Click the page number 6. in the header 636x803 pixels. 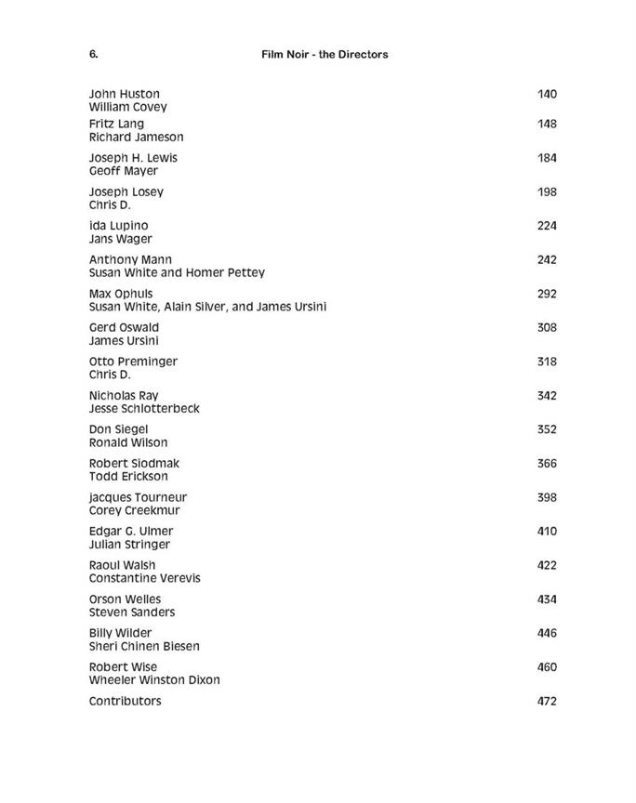(x=93, y=54)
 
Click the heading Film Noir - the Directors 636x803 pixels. (x=325, y=54)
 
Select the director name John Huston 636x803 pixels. (x=124, y=94)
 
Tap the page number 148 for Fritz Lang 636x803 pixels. (x=547, y=124)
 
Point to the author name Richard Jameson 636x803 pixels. (x=136, y=137)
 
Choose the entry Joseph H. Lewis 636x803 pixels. (x=133, y=158)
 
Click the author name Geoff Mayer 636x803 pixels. (x=123, y=171)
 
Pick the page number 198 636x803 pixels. (x=547, y=191)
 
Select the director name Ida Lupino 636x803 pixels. (x=118, y=226)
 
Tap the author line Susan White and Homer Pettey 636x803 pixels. (x=177, y=273)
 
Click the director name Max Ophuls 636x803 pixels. (x=121, y=294)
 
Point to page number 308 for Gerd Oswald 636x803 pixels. (x=547, y=327)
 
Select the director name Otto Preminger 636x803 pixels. (x=133, y=362)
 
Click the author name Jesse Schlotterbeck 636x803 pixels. (x=144, y=409)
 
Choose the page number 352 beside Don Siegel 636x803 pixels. (x=547, y=429)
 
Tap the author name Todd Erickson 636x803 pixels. (x=128, y=477)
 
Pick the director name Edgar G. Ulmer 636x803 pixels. (x=131, y=532)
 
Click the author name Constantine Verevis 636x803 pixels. (x=144, y=578)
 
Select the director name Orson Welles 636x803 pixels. (x=125, y=599)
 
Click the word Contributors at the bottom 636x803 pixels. (x=125, y=701)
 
